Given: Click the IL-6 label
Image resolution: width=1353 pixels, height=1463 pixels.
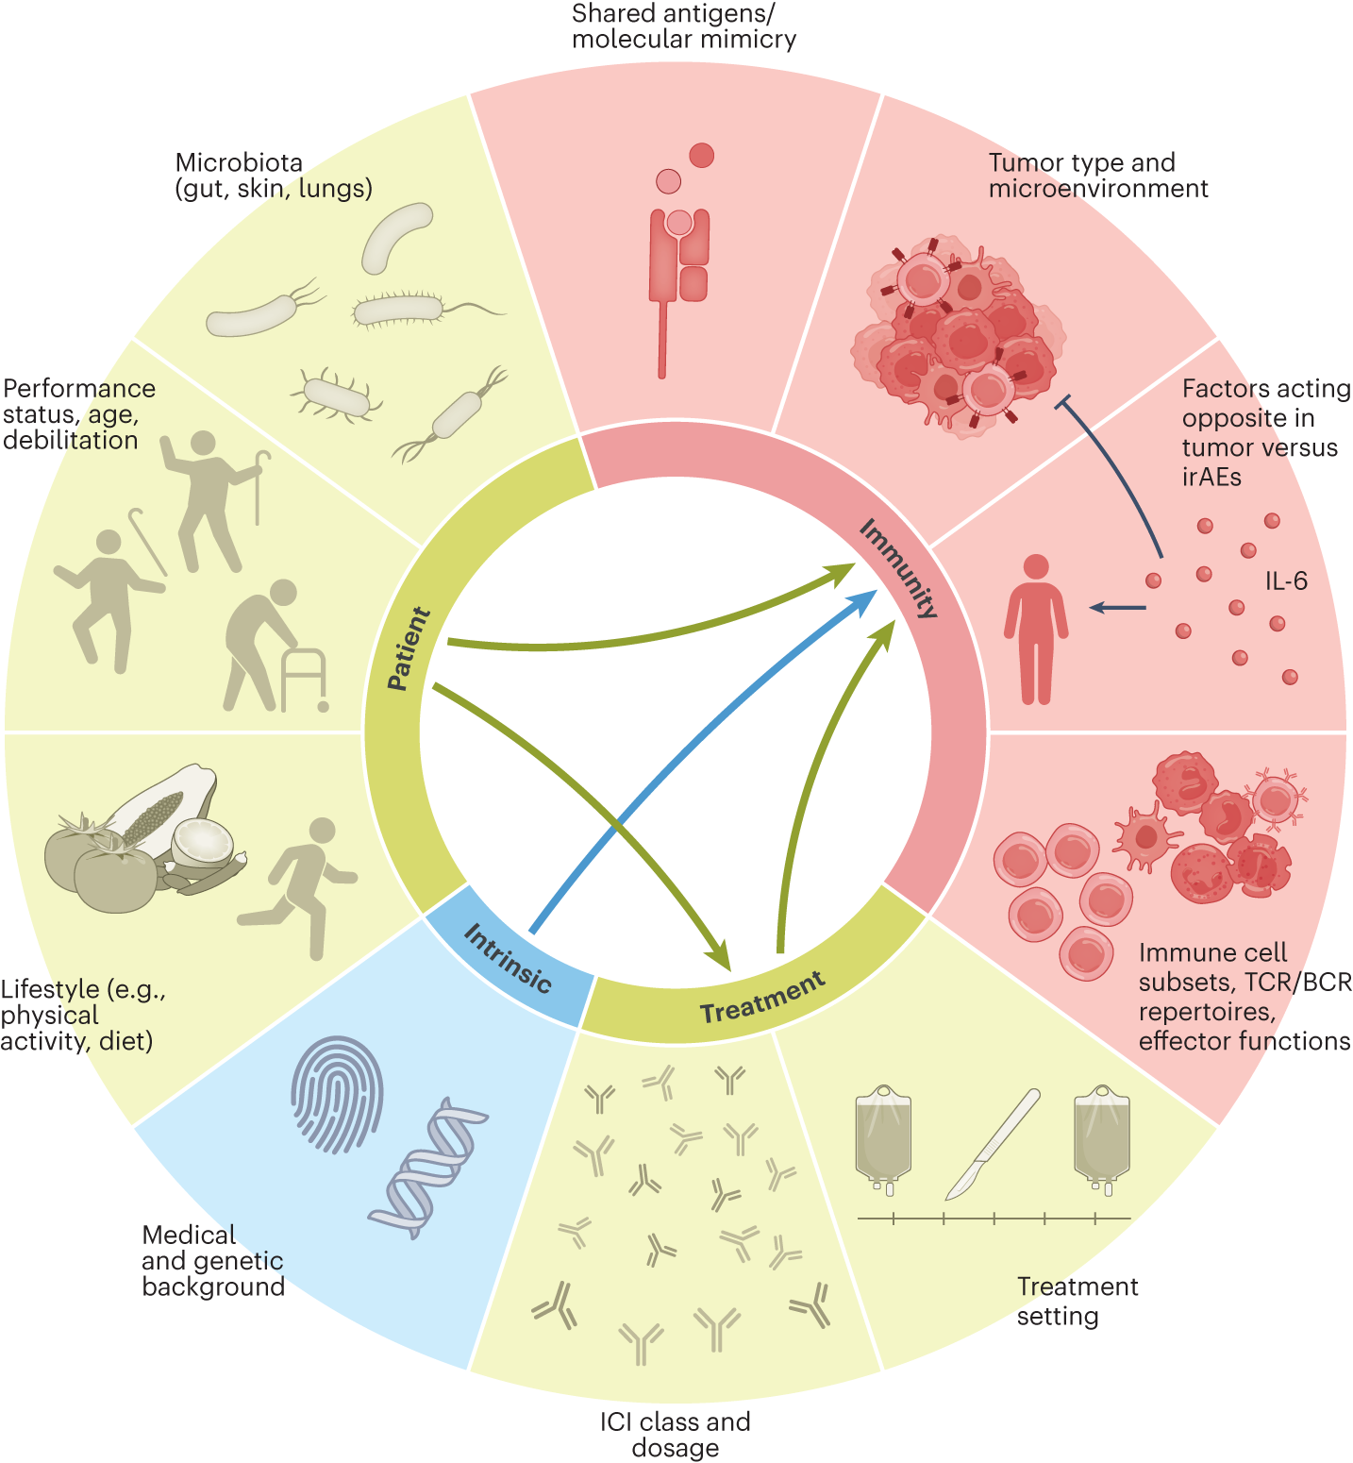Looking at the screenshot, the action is pyautogui.click(x=1286, y=580).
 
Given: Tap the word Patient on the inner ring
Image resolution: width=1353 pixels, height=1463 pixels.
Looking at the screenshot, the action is pyautogui.click(x=409, y=648).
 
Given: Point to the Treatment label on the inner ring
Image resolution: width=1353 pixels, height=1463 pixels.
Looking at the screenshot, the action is pyautogui.click(x=762, y=998).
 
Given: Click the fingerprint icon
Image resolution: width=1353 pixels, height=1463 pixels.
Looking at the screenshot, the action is pyautogui.click(x=337, y=1094).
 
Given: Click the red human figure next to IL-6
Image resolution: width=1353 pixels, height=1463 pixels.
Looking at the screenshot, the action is pyautogui.click(x=1036, y=629).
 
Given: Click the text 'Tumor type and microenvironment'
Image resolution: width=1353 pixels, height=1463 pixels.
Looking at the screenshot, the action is pyautogui.click(x=1097, y=176).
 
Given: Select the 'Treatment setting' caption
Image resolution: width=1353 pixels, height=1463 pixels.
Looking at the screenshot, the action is pyautogui.click(x=1077, y=1301).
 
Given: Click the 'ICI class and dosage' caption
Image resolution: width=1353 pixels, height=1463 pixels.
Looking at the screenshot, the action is pyautogui.click(x=675, y=1434).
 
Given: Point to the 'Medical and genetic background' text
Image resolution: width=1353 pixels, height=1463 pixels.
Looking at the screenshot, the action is pyautogui.click(x=213, y=1260).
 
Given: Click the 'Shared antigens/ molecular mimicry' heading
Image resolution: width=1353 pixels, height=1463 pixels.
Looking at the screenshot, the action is pyautogui.click(x=683, y=26).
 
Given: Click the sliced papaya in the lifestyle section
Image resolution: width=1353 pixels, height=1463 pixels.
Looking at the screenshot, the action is pyautogui.click(x=165, y=806).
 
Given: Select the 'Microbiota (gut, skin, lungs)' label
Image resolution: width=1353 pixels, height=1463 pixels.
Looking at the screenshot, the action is pyautogui.click(x=274, y=176).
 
